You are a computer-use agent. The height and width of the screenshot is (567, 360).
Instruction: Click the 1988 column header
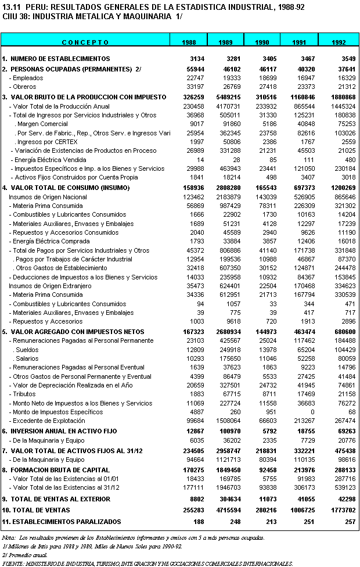189,42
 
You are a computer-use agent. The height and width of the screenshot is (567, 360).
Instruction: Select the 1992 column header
339,42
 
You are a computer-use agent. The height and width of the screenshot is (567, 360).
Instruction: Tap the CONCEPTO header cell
85,42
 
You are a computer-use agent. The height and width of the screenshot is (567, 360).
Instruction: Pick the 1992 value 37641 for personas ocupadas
345,69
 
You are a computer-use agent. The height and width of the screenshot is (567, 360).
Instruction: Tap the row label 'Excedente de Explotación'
48,421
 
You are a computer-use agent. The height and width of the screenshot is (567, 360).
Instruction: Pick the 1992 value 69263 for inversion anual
345,431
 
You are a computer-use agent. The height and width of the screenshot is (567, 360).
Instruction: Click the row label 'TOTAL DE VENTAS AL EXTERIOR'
60,498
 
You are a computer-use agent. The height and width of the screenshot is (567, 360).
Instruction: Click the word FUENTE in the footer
12,563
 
